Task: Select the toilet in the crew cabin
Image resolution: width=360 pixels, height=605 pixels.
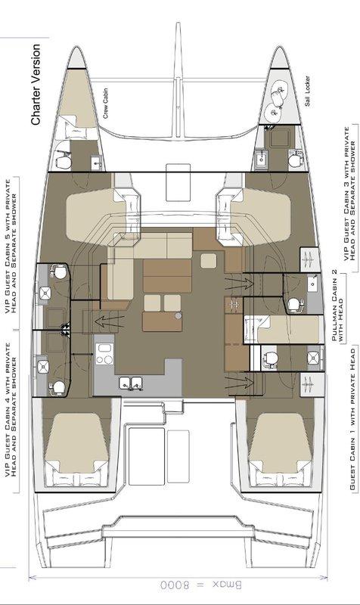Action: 69,160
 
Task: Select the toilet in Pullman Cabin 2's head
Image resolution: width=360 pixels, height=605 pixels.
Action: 296,304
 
